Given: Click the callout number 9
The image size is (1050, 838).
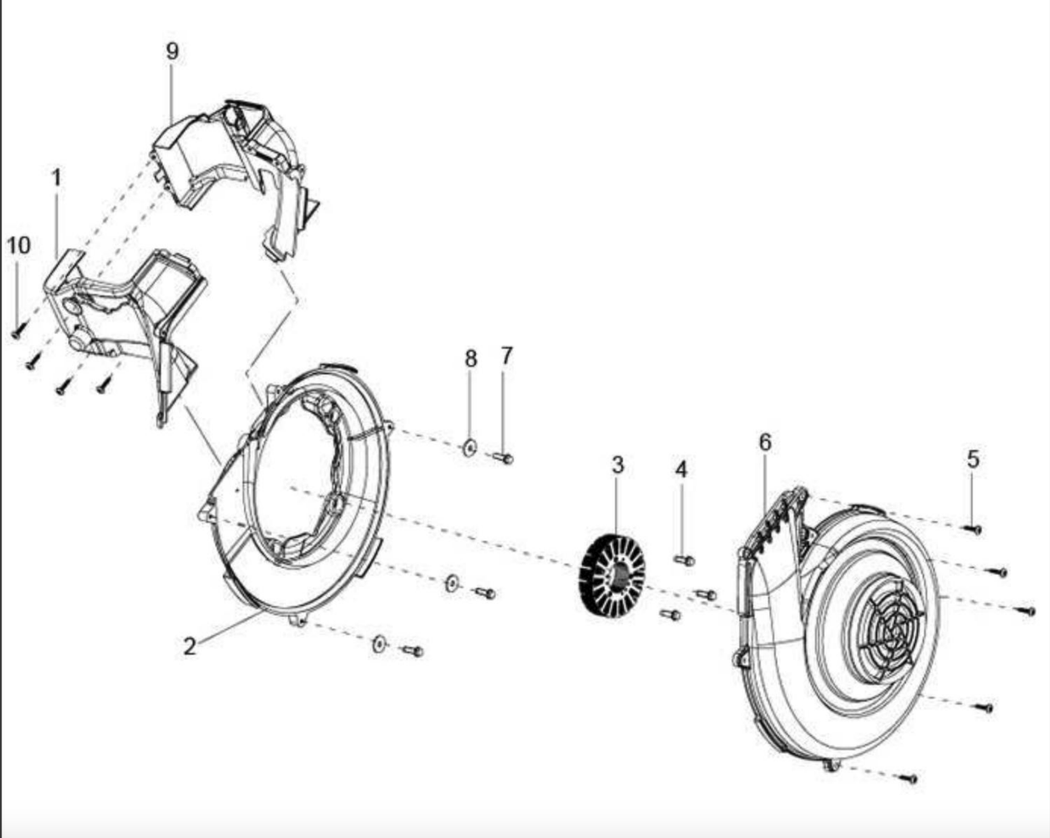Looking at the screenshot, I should pyautogui.click(x=172, y=51).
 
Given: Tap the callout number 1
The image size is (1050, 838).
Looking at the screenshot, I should pyautogui.click(x=56, y=178).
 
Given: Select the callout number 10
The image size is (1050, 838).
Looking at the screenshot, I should pyautogui.click(x=19, y=245).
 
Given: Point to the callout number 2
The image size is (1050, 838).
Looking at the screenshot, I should pyautogui.click(x=189, y=646).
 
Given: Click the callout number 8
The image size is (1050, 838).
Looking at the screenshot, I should pyautogui.click(x=471, y=358).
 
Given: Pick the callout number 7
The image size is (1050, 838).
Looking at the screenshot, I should pyautogui.click(x=506, y=355).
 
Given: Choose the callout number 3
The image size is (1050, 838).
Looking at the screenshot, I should pyautogui.click(x=618, y=465).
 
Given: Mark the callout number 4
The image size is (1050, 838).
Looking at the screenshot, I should pyautogui.click(x=680, y=470).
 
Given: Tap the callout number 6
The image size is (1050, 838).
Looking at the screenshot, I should pyautogui.click(x=765, y=442).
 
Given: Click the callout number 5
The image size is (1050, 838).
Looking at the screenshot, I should pyautogui.click(x=973, y=459).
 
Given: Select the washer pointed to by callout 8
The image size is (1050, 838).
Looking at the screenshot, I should pyautogui.click(x=469, y=447).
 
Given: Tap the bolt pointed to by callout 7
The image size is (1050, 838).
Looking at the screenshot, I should pyautogui.click(x=503, y=458).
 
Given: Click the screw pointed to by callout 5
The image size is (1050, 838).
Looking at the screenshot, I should pyautogui.click(x=974, y=529).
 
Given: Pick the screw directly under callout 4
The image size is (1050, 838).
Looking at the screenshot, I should pyautogui.click(x=684, y=560).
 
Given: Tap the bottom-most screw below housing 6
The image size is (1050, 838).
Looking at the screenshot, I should pyautogui.click(x=909, y=779).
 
